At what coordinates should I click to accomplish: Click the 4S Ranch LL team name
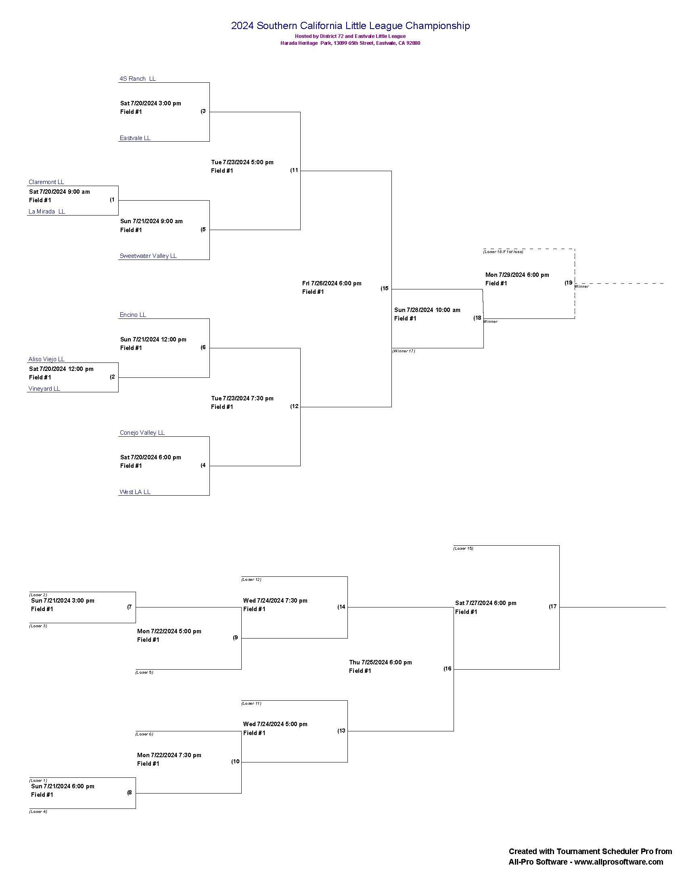pos(137,78)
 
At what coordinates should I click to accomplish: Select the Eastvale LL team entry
pos(135,138)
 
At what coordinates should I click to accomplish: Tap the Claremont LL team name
pos(46,182)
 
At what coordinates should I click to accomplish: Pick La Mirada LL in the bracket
pos(47,212)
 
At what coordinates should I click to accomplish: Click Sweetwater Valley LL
pos(148,256)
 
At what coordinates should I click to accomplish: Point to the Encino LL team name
pos(133,315)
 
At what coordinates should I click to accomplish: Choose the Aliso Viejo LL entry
pos(47,359)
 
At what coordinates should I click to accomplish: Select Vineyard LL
pos(44,389)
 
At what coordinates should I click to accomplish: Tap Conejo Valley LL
pos(142,433)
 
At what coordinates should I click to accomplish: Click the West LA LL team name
pos(135,492)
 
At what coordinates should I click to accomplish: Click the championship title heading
pos(350,25)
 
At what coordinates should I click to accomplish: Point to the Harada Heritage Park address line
pos(350,43)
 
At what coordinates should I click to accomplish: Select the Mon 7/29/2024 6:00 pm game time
pos(517,275)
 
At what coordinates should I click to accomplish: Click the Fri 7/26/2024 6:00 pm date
pos(332,283)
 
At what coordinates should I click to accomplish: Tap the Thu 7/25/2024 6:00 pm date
pos(381,662)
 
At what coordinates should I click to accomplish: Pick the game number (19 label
pos(568,283)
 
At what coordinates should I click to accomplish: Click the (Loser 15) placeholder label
pos(463,549)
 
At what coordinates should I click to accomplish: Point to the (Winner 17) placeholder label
pos(404,351)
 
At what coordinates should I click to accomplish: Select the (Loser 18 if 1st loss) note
pos(503,252)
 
